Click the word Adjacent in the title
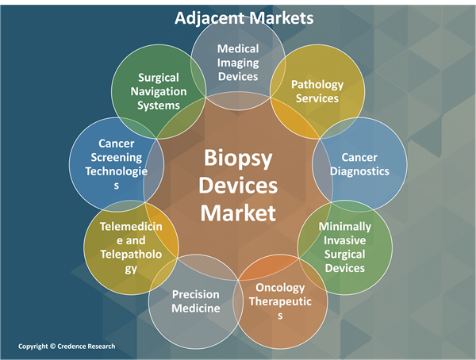coord(209,18)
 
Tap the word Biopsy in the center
coord(238,159)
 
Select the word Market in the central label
coord(238,213)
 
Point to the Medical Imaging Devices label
coord(238,63)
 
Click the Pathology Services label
coord(317,91)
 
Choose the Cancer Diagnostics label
coord(359,164)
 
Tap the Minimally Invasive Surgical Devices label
coord(345,247)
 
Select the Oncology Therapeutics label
coord(280,301)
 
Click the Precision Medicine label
coord(196,301)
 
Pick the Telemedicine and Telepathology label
coord(131,247)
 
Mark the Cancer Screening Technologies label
coord(117,164)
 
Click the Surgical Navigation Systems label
coord(159,92)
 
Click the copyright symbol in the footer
coord(53,346)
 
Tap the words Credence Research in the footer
coord(86,347)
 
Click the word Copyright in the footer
coord(33,347)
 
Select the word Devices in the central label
coord(238,186)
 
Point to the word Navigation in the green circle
coord(159,92)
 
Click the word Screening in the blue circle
coord(117,158)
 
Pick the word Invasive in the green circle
coord(345,240)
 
